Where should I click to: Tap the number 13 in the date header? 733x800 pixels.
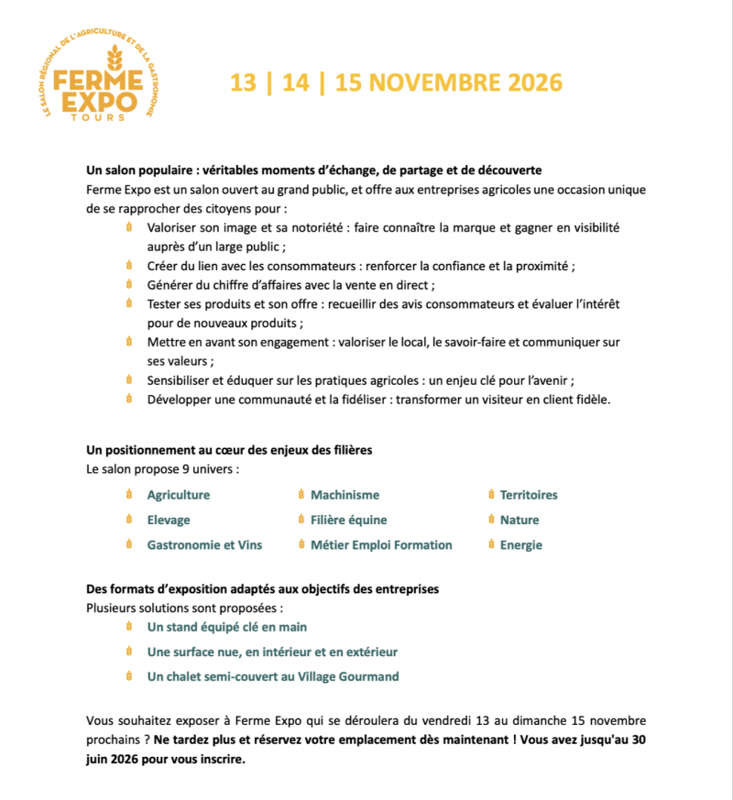243,82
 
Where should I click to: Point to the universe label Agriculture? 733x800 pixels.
178,495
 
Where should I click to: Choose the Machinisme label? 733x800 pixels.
345,495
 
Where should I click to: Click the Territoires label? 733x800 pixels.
529,495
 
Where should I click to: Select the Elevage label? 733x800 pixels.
169,520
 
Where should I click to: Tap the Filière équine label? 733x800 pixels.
348,520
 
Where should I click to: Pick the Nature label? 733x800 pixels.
520,520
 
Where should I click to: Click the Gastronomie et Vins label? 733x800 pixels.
204,544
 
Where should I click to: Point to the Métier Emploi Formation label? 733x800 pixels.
381,544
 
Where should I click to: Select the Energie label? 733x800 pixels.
521,544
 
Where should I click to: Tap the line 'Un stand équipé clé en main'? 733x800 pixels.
227,627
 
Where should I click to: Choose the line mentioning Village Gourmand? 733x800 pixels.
273,676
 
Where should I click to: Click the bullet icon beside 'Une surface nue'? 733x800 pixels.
129,652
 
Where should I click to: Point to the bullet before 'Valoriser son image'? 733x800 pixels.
129,228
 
